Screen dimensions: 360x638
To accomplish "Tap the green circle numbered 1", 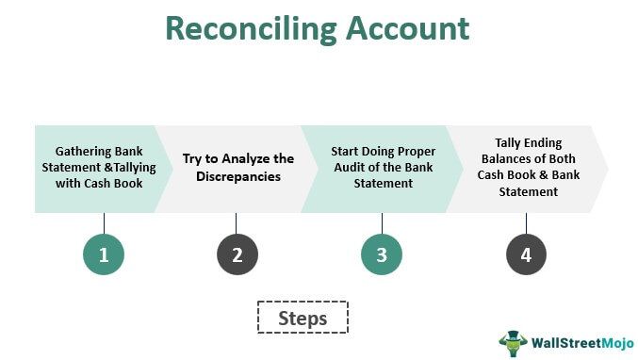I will [x=104, y=254].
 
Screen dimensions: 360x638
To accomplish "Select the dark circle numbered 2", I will [x=237, y=254].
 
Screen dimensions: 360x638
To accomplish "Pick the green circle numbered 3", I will [x=382, y=254].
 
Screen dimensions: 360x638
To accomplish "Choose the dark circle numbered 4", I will [x=526, y=254].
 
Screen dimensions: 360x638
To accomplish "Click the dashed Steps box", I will [x=303, y=319].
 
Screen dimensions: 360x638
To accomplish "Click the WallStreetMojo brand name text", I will [x=579, y=342].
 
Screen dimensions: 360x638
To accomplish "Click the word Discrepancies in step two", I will [x=239, y=175].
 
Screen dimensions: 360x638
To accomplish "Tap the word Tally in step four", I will [x=510, y=142].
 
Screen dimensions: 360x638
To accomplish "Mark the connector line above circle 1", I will [x=104, y=221].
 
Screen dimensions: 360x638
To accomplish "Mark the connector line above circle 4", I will [x=526, y=221].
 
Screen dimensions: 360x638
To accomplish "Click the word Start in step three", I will [x=347, y=151].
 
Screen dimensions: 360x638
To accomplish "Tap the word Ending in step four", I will [x=546, y=142].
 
